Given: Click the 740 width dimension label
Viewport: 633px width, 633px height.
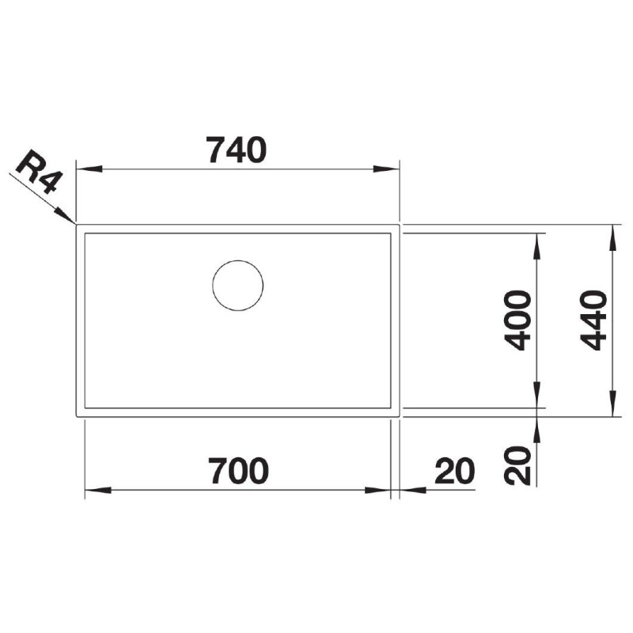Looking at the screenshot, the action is point(236,150).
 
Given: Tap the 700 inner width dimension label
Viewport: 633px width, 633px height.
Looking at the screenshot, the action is point(238,471).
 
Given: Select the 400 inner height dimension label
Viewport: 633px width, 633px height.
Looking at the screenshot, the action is point(517,320).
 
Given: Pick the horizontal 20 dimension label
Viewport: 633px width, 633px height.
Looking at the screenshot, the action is point(454,471).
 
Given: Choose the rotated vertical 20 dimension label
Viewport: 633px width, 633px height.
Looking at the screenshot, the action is point(517,464).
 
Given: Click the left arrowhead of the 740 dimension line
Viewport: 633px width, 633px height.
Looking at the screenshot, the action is point(89,169).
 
